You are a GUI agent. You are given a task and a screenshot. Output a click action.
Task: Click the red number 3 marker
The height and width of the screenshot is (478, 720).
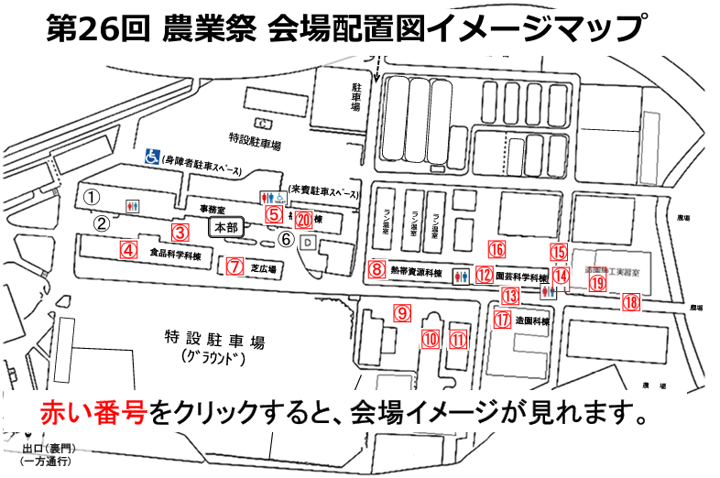click(x=181, y=232)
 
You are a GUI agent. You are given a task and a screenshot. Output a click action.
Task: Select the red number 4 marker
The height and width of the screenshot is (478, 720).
click(x=129, y=247)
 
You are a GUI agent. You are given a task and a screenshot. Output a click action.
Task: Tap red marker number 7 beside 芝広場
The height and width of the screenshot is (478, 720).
click(x=235, y=266)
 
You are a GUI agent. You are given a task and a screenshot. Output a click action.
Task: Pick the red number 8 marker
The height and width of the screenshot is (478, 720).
click(x=376, y=269)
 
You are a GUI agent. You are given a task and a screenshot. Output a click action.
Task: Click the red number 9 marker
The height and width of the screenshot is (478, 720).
click(x=400, y=311)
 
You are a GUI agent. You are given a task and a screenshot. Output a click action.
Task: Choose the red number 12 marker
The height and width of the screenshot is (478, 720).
click(x=483, y=274)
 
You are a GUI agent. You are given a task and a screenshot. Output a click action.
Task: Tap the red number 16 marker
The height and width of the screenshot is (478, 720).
click(x=496, y=248)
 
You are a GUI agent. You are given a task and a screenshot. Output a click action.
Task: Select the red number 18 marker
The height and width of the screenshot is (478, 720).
click(x=630, y=301)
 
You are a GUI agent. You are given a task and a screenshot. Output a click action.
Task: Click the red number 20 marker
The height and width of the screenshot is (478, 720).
click(x=304, y=219)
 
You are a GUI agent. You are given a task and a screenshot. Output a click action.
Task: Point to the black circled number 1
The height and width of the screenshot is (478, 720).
click(x=91, y=197)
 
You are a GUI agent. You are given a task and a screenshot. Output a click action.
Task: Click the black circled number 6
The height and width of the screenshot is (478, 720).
click(x=286, y=239)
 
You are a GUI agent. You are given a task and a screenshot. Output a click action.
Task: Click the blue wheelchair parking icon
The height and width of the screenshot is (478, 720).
click(x=150, y=158)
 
